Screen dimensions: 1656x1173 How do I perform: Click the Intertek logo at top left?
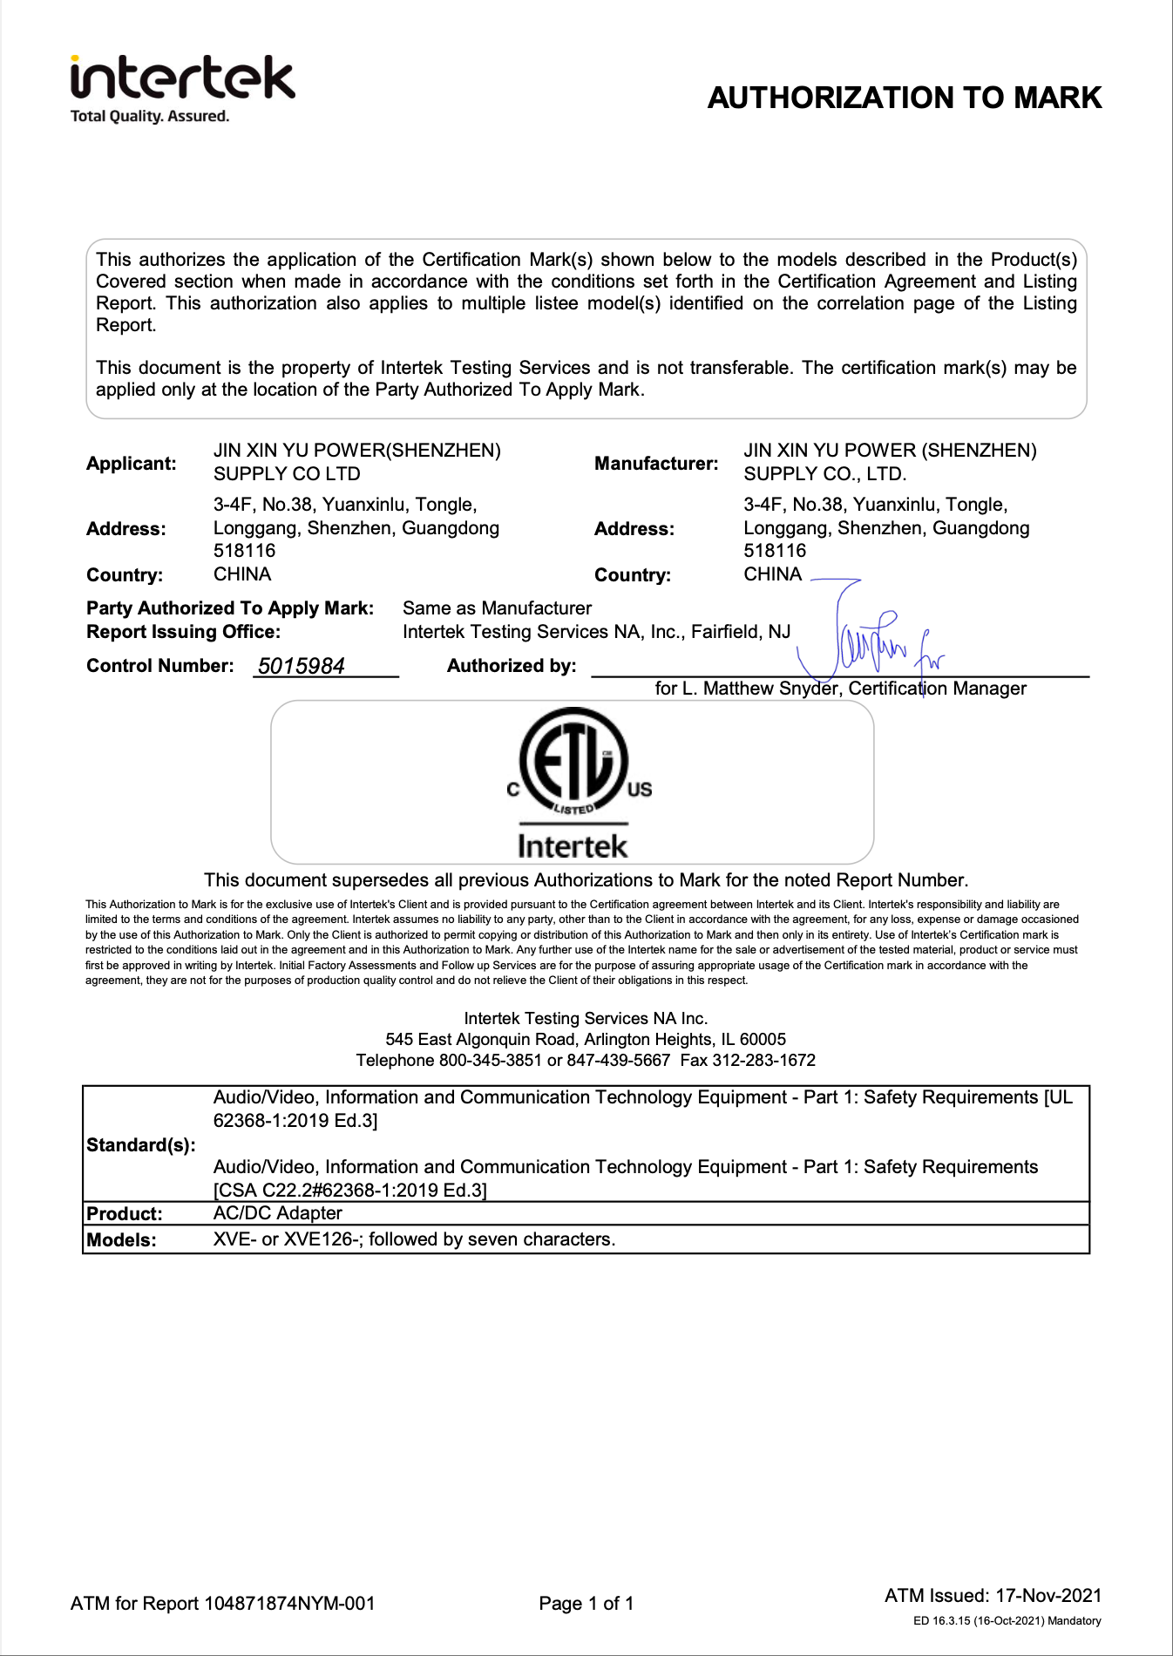[x=182, y=79]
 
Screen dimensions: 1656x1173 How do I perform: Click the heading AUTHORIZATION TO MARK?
[x=904, y=98]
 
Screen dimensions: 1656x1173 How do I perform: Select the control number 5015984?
[x=302, y=666]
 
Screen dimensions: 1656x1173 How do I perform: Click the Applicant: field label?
[x=131, y=464]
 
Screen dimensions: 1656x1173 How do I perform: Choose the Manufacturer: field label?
[x=656, y=464]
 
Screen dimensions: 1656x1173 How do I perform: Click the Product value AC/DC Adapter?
[x=277, y=1213]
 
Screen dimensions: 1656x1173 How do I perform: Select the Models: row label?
[x=121, y=1240]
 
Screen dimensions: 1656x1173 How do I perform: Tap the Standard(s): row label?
[x=141, y=1145]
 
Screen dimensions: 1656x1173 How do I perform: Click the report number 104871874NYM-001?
[x=289, y=1604]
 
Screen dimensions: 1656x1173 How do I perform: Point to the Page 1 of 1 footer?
[x=586, y=1604]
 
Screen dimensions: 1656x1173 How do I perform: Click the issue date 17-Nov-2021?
[x=1048, y=1596]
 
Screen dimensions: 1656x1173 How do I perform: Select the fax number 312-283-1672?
[x=763, y=1061]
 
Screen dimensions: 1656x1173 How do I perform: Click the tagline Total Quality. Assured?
[x=149, y=117]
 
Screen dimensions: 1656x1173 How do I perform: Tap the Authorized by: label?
[x=512, y=666]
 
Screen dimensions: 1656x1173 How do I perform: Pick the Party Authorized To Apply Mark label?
[x=230, y=608]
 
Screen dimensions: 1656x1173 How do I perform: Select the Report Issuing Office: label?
[x=183, y=632]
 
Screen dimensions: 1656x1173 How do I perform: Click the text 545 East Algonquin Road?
[x=480, y=1040]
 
